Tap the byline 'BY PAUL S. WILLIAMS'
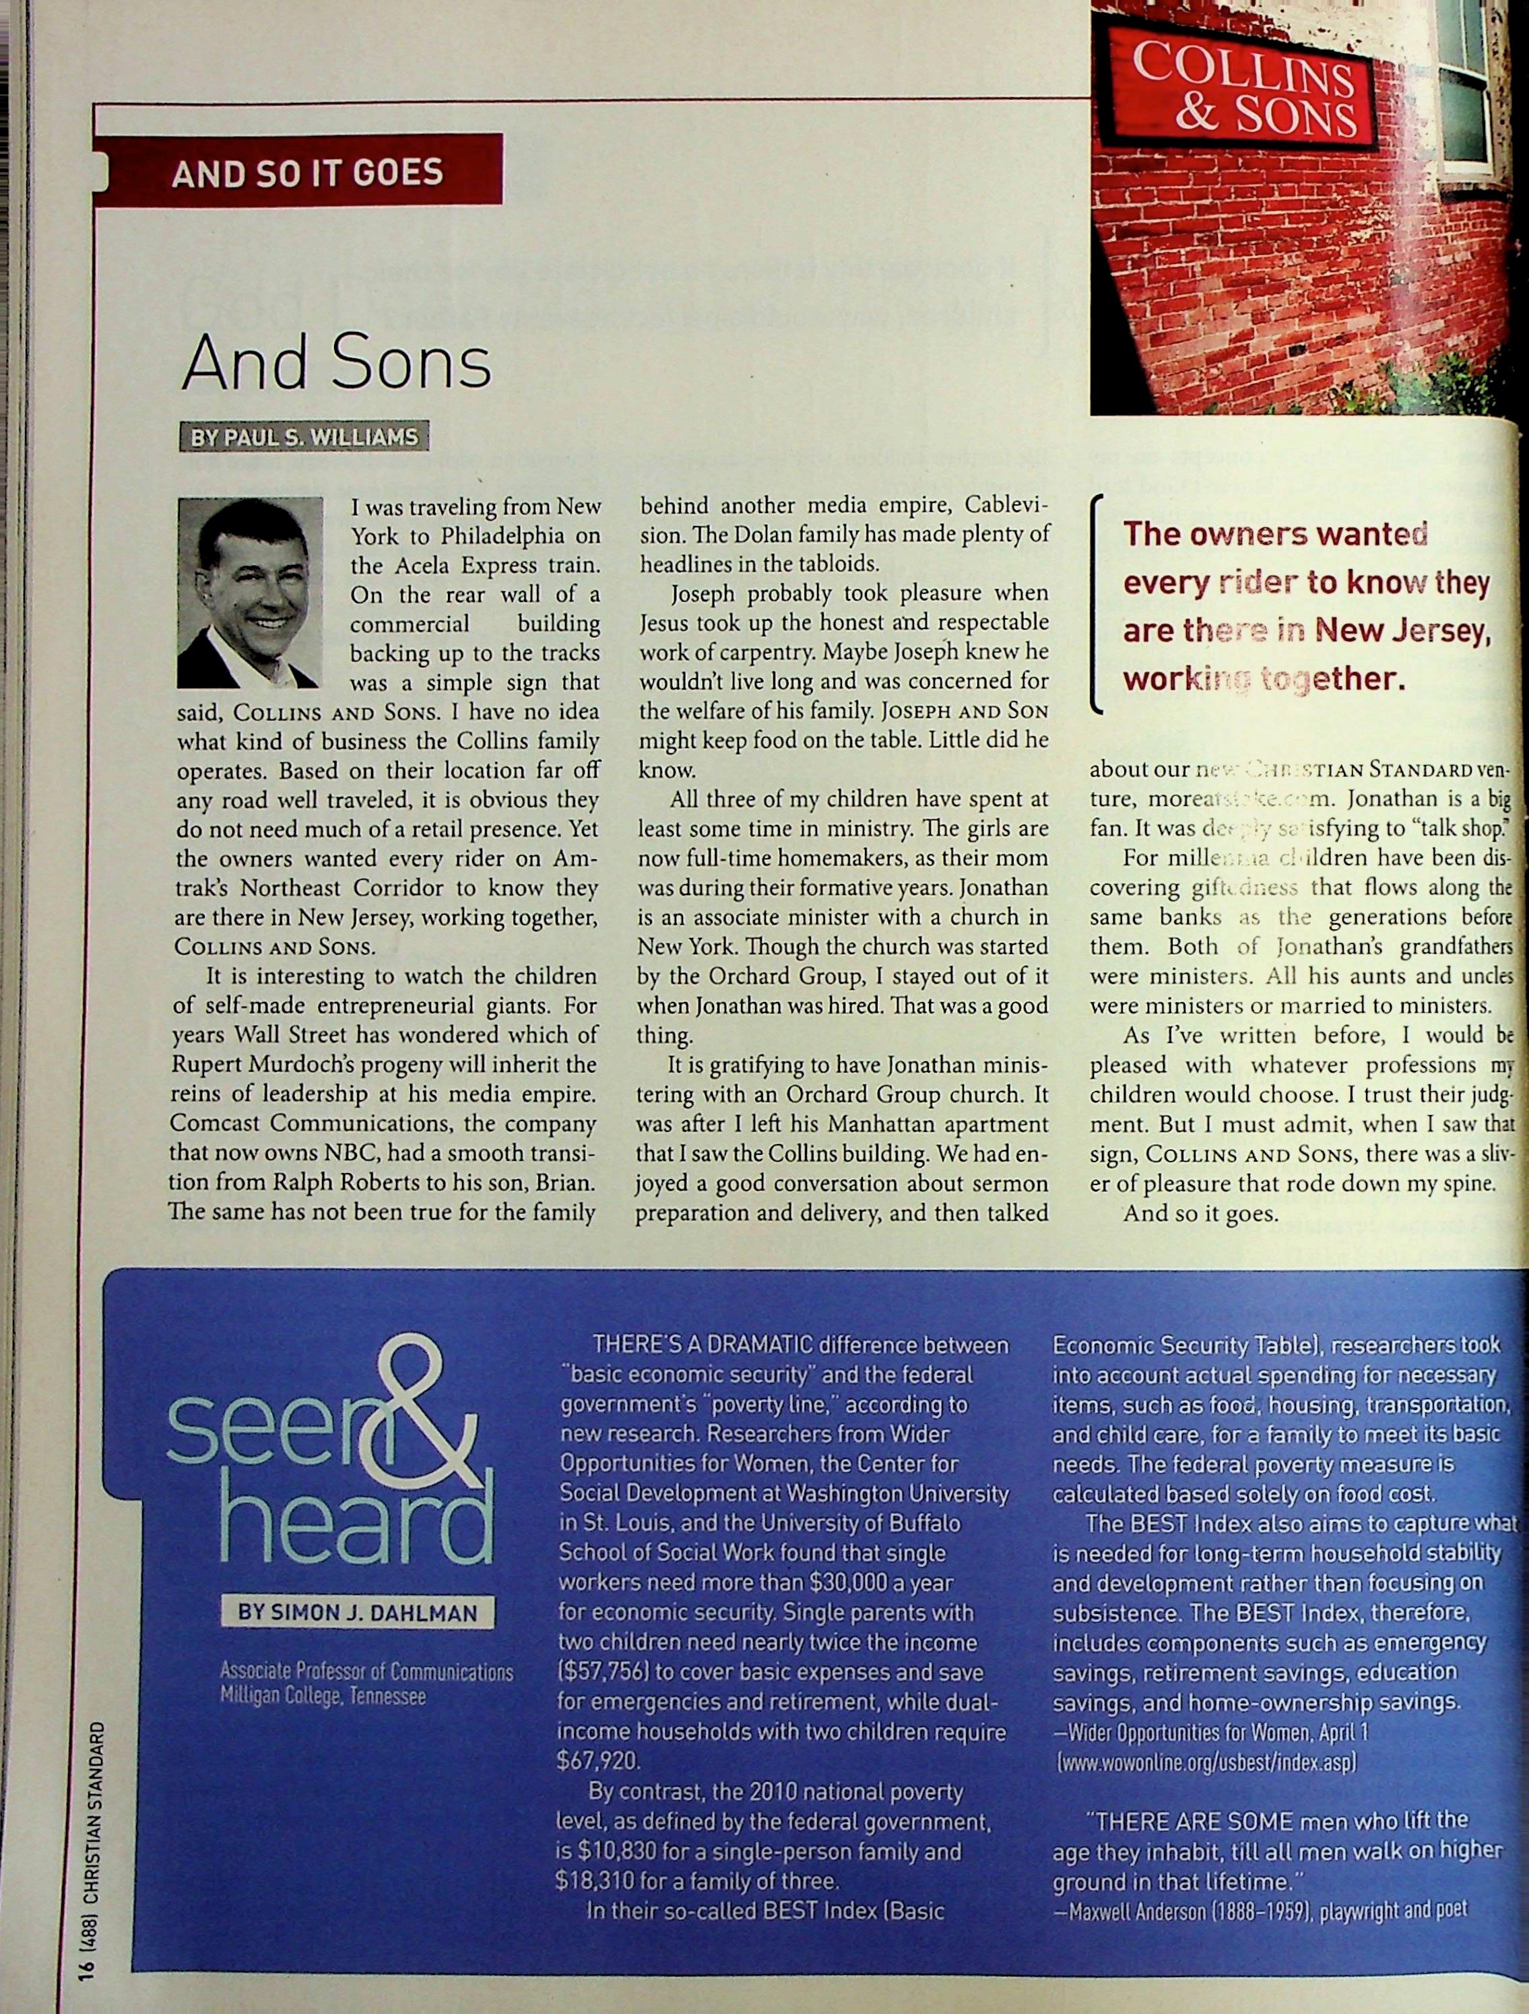click(x=304, y=438)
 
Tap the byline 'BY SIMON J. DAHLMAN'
click(x=357, y=1613)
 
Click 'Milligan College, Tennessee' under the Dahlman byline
click(x=323, y=1698)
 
